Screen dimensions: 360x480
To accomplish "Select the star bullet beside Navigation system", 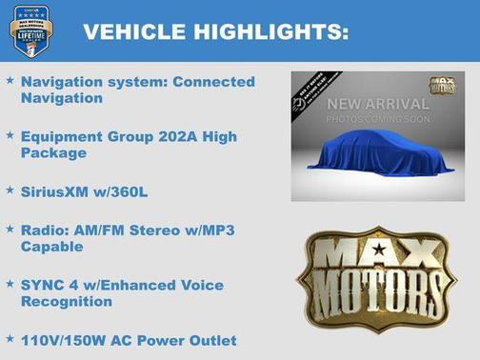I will point(10,82).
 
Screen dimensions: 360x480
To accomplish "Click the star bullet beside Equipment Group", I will point(10,137).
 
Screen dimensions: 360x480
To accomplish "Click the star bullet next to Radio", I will point(10,230).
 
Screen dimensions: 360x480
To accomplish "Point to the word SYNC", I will point(42,285).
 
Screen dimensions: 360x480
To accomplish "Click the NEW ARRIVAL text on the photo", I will point(377,103).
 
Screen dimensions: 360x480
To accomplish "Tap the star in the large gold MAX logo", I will point(379,250).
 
